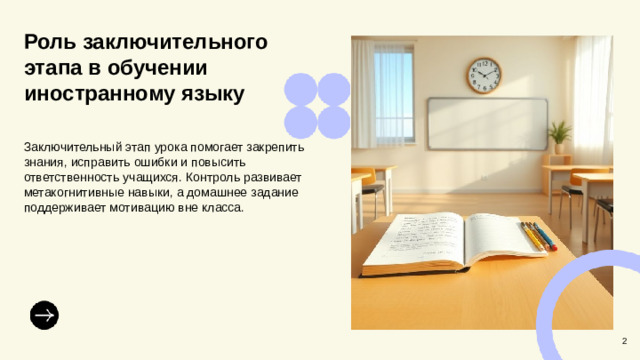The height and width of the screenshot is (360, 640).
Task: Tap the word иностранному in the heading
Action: point(98,95)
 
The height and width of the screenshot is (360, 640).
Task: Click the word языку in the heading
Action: point(211,95)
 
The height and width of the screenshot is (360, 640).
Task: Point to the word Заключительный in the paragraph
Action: point(68,146)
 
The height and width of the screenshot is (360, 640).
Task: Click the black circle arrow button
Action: point(44,314)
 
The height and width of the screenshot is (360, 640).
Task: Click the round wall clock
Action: point(484,74)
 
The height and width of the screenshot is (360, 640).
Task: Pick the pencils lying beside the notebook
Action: point(536,235)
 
